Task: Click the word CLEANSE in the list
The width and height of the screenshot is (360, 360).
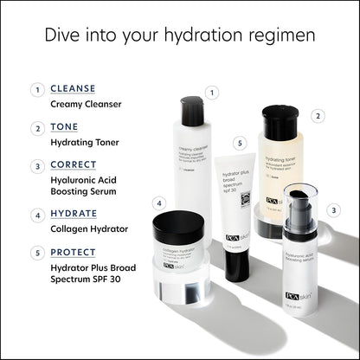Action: point(73,88)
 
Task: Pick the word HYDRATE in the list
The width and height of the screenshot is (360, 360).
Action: point(74,213)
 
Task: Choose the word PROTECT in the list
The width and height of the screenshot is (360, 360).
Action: point(74,252)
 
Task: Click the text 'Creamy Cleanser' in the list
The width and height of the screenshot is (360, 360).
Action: point(86,104)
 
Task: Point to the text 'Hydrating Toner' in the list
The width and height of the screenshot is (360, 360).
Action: point(85,142)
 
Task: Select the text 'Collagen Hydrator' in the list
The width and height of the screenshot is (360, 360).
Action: point(89,228)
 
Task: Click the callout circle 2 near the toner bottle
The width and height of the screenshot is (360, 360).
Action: point(318,115)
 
